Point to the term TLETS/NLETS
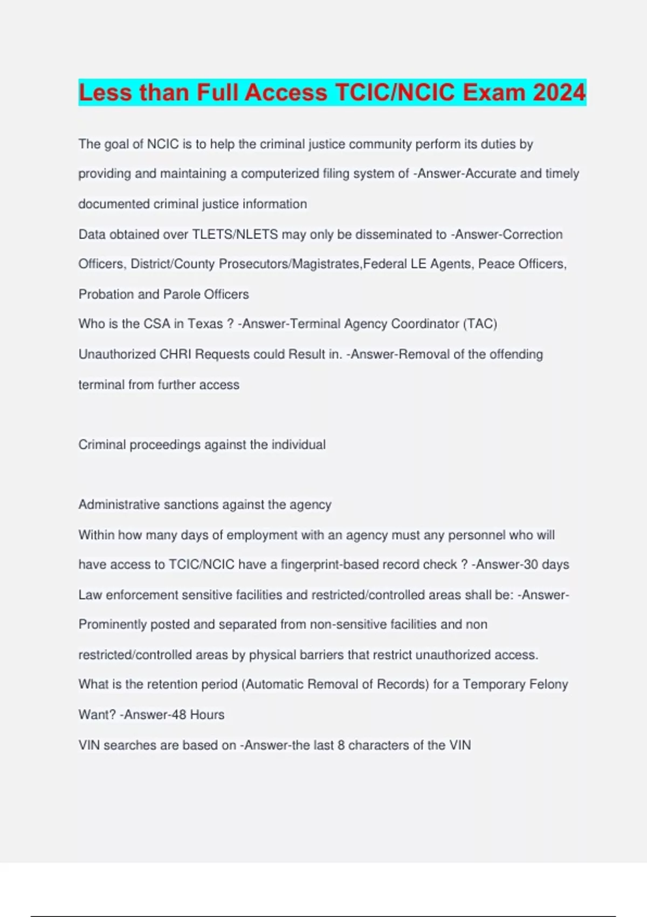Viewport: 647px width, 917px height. [x=235, y=235]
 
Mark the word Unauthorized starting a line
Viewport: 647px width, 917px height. [x=117, y=354]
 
